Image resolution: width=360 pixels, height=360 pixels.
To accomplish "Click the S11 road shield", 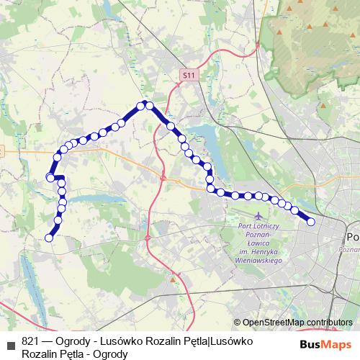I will point(189,74).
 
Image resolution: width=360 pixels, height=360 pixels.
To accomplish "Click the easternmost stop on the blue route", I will point(311,222).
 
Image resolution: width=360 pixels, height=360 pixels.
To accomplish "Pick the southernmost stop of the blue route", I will point(49,238).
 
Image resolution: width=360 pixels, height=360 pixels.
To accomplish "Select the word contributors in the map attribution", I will point(329,323).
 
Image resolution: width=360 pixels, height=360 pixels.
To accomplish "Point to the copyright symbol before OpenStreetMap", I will point(237,323).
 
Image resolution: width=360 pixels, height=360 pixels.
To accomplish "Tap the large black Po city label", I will point(353,238).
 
